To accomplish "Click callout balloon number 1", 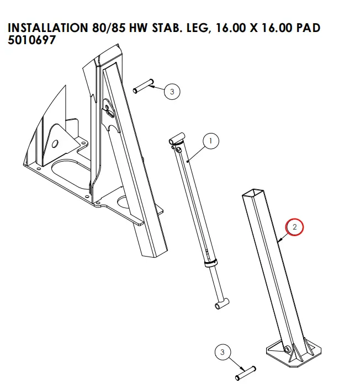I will point(210,141).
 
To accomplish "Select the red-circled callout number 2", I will point(294,227).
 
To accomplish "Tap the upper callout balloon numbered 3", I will point(172,92).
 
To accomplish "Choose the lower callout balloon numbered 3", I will point(223,352).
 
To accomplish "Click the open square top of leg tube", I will point(251,193).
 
